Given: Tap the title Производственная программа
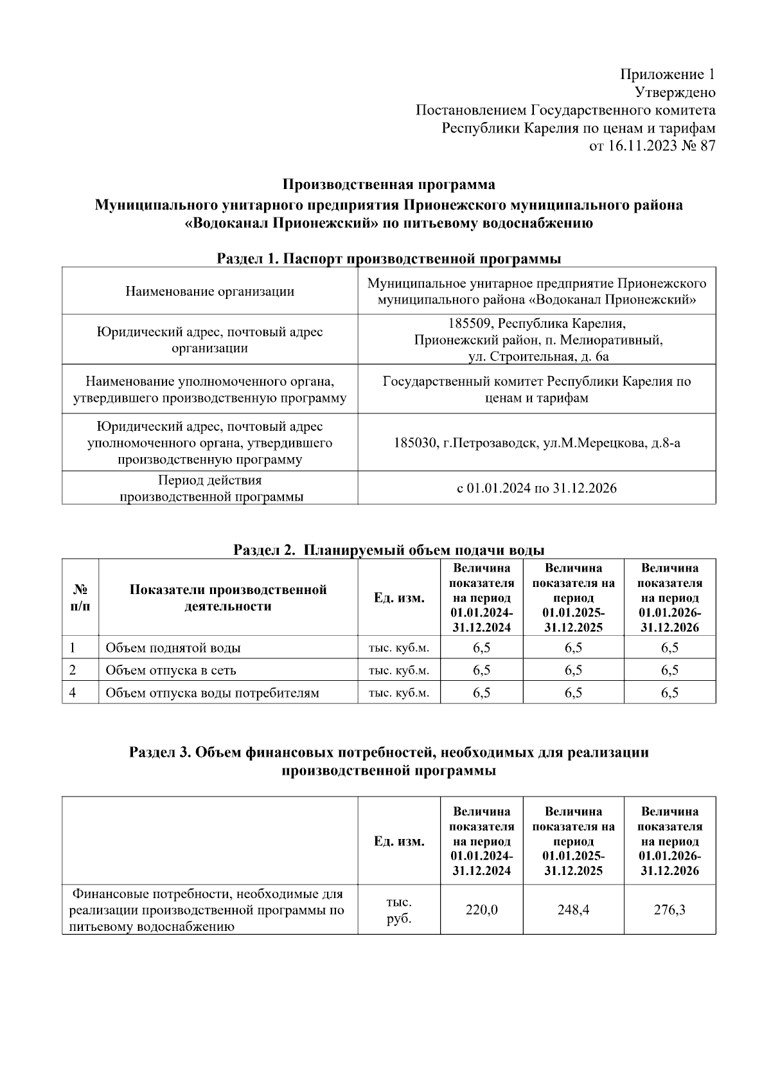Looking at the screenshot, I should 389,185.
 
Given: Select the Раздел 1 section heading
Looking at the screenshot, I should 389,258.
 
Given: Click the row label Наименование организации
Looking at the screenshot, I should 209,291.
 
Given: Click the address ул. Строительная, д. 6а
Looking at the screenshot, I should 537,356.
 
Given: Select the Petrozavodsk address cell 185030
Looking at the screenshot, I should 536,443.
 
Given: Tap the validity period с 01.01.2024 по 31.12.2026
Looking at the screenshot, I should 536,488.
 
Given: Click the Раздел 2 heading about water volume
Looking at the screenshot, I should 389,550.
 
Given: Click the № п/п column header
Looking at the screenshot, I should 80,598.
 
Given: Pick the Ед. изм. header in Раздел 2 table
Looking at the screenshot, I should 399,598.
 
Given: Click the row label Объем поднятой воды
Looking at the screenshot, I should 173,648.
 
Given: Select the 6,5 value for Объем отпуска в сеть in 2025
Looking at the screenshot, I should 573,670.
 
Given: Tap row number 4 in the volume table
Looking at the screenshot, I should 73,692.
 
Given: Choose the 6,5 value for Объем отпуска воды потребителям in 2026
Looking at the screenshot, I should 669,692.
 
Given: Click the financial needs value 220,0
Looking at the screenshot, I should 481,910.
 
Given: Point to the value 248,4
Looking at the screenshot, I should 573,910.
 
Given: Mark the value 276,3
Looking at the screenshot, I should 669,910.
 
